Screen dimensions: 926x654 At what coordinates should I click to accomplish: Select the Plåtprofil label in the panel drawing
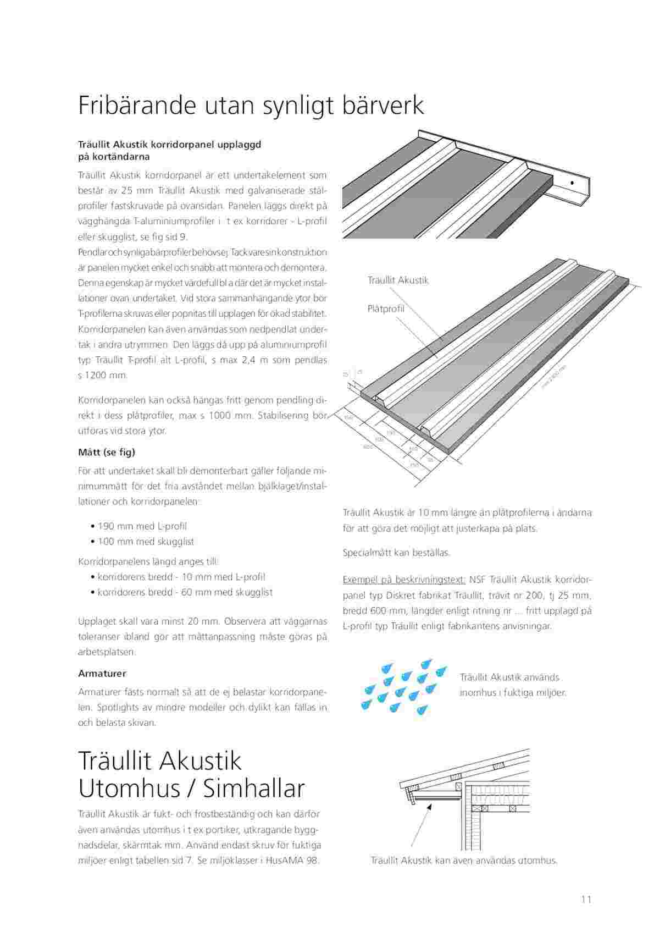tap(386, 308)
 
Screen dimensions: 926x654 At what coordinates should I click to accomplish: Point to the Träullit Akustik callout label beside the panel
tap(398, 280)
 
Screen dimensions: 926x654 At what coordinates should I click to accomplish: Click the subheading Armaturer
tap(102, 673)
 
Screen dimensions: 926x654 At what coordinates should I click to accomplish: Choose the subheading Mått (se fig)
tap(107, 452)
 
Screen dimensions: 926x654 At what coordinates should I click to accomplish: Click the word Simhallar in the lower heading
tap(254, 789)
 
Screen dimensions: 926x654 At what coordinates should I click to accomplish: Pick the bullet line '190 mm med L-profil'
tap(142, 526)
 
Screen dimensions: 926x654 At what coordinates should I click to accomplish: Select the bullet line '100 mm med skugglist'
tap(146, 542)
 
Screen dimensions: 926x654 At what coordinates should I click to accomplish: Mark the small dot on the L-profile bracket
tap(572, 182)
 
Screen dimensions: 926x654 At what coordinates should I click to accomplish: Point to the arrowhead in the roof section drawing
tap(428, 804)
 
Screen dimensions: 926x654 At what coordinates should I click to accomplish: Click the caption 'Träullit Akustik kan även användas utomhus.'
tap(464, 861)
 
